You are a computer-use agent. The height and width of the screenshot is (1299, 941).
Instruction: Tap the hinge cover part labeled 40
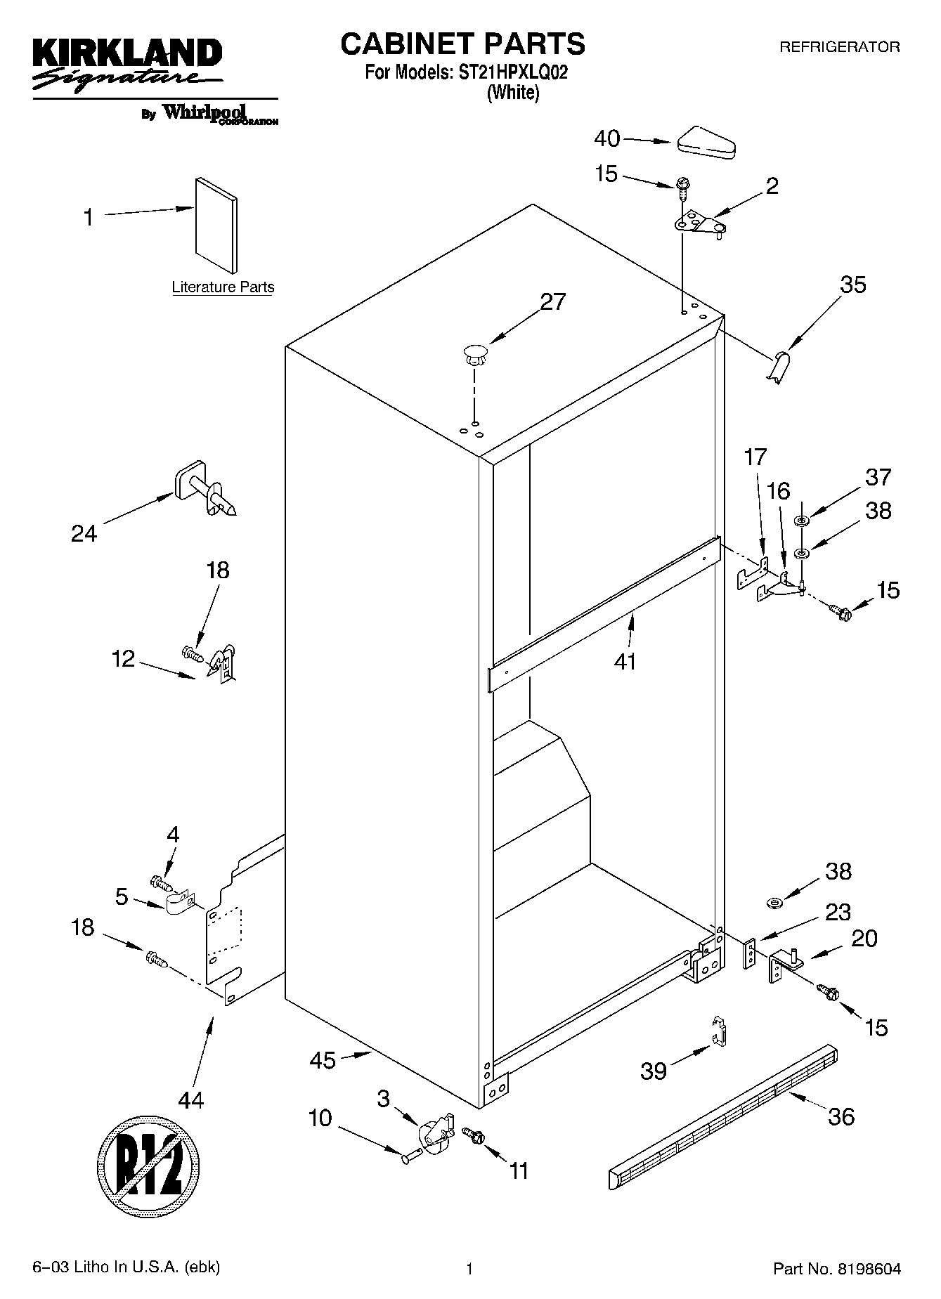click(706, 141)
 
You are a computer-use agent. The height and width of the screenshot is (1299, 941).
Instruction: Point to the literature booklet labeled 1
click(216, 223)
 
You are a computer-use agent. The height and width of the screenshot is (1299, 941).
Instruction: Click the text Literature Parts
click(223, 287)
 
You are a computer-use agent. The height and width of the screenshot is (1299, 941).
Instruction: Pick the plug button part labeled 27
click(476, 353)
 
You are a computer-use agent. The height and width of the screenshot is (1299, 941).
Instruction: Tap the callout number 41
click(624, 660)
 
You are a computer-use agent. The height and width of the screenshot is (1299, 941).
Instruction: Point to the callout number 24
click(84, 534)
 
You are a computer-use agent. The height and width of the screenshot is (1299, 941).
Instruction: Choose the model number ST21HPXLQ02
click(512, 72)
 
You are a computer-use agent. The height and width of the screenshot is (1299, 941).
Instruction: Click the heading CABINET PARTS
click(462, 44)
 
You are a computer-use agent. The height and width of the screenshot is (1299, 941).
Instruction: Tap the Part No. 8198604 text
click(836, 1268)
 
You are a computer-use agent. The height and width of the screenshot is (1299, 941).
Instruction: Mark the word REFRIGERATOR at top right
click(839, 47)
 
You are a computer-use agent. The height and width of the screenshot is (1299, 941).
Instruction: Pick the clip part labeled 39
click(718, 1031)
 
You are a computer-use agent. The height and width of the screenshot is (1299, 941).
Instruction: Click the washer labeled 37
click(801, 520)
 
